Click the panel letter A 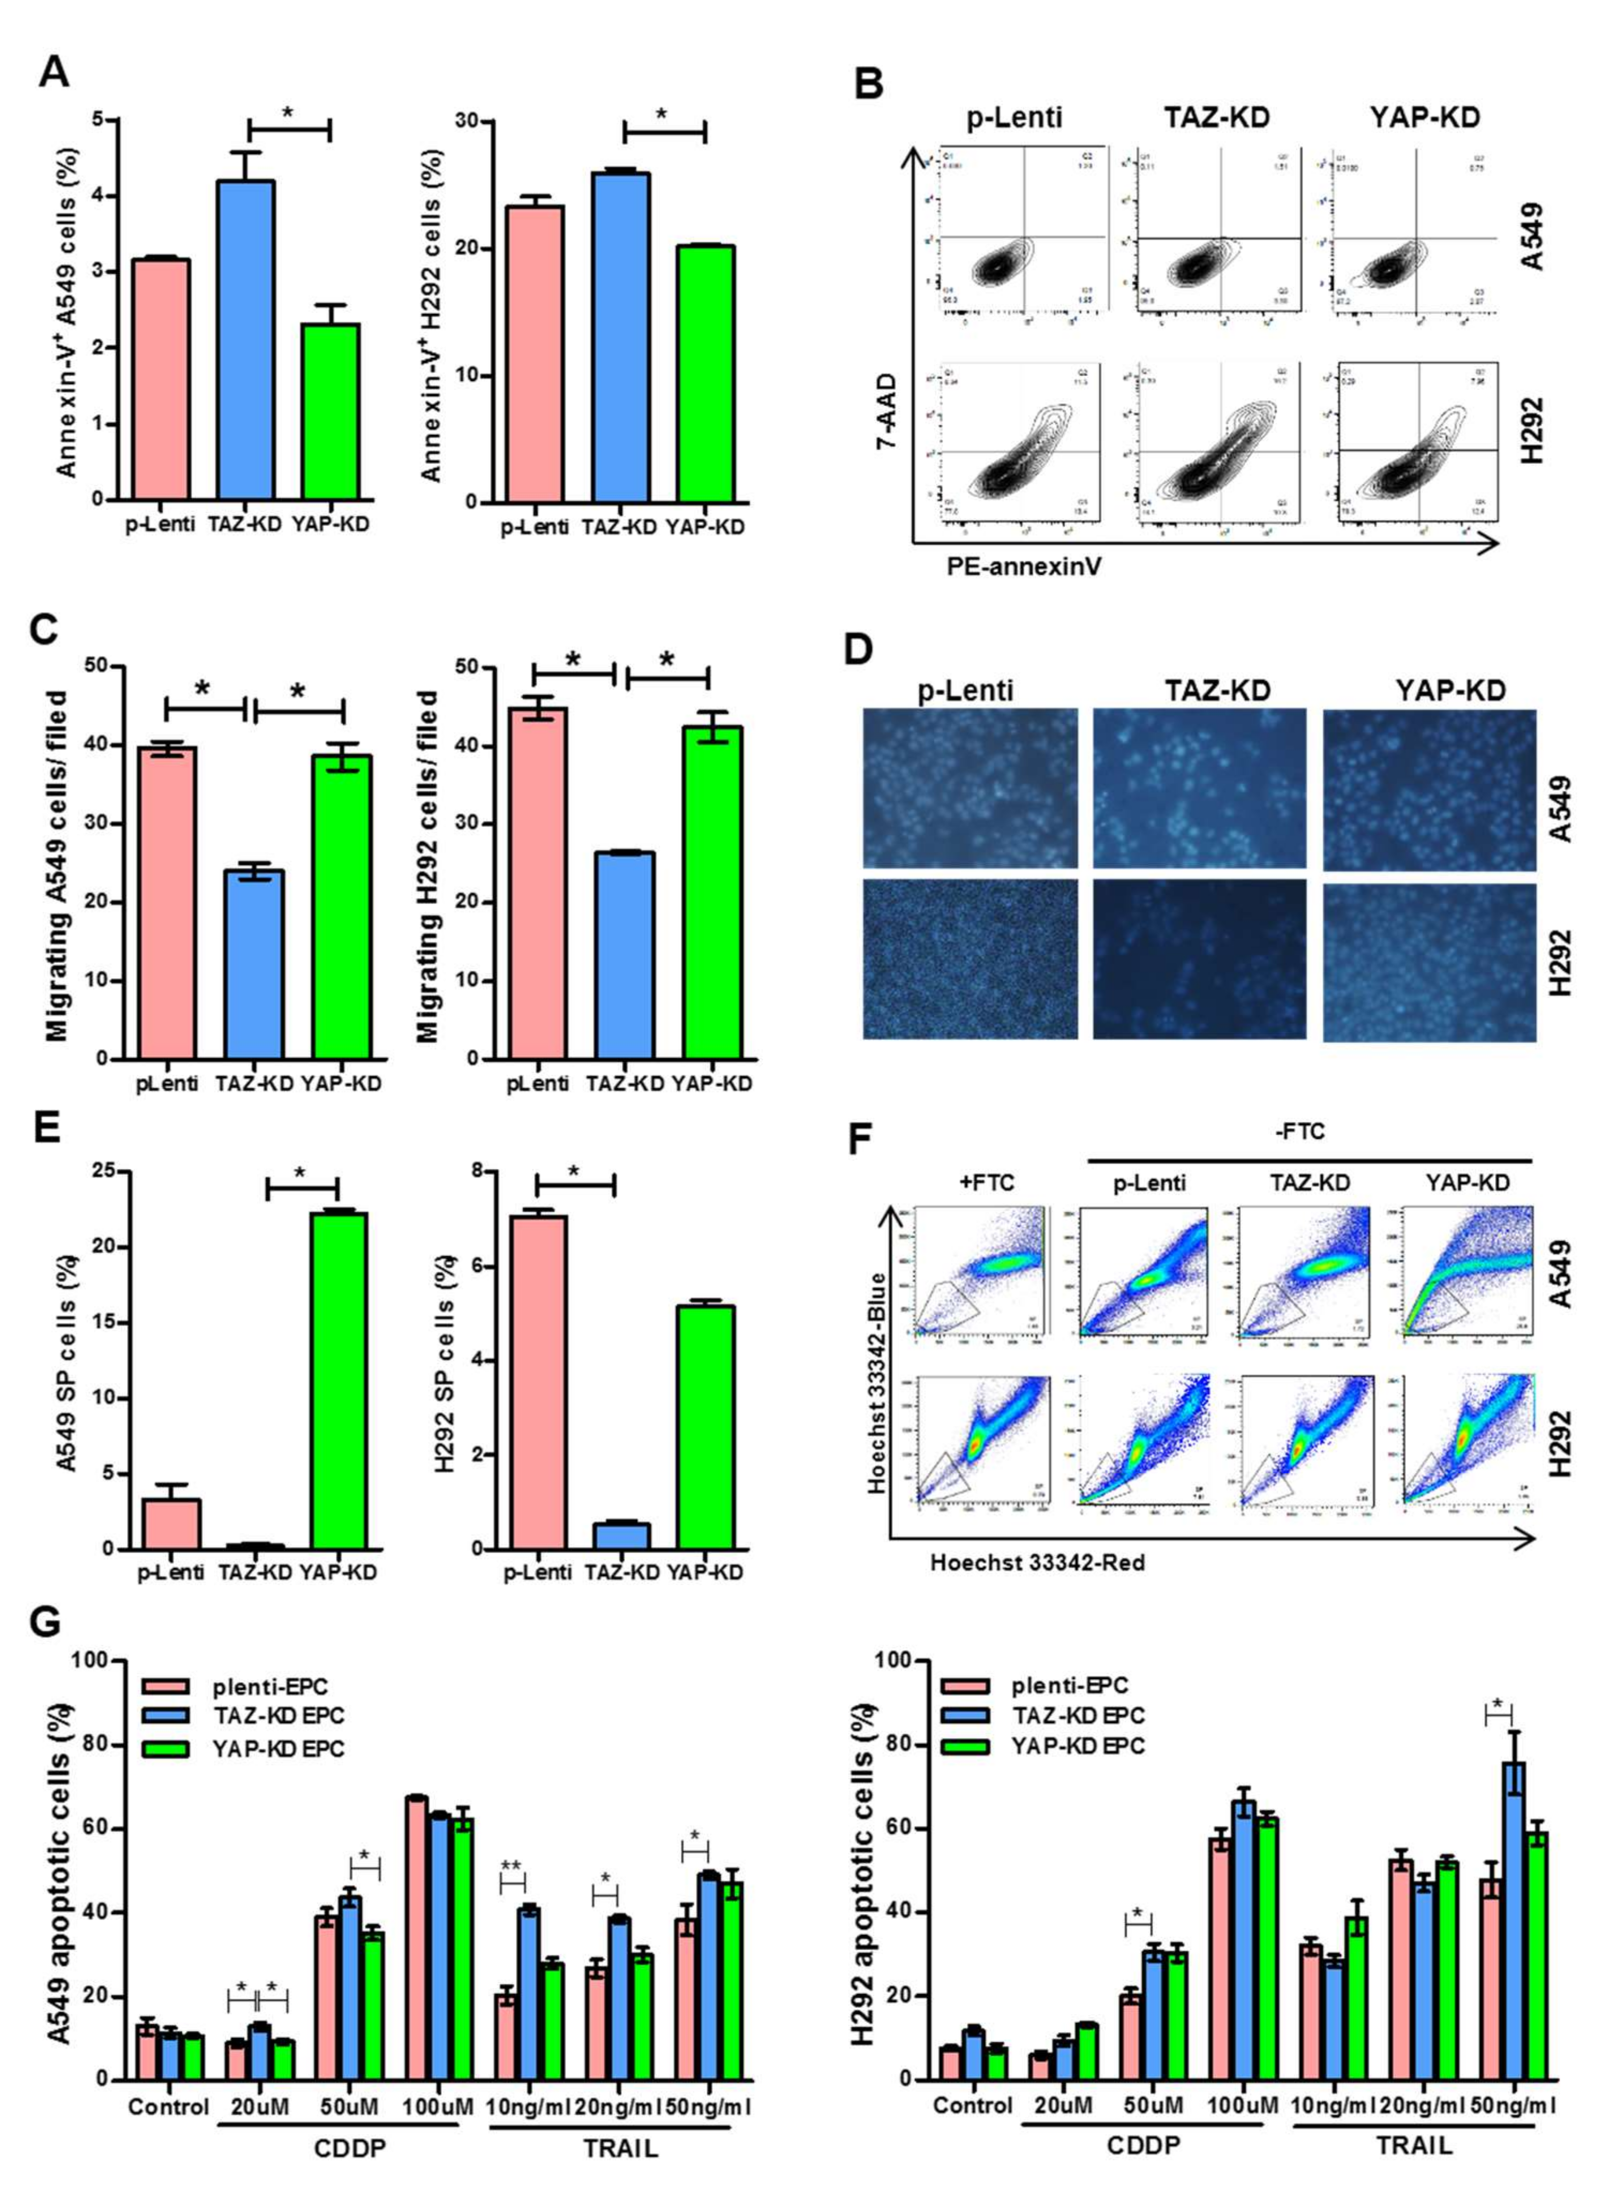[54, 71]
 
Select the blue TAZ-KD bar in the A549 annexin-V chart [247, 339]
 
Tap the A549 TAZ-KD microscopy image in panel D [1199, 789]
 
